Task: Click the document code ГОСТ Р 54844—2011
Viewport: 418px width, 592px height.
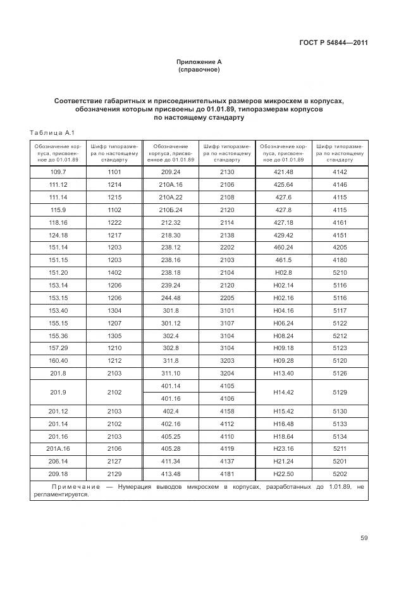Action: coord(334,43)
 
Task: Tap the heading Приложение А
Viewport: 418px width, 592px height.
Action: coord(199,61)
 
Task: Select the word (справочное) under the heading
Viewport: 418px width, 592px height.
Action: coord(199,70)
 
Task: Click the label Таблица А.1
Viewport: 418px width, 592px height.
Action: coord(52,132)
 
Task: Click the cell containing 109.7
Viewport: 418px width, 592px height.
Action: coord(58,172)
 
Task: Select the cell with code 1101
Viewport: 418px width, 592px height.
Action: coord(114,172)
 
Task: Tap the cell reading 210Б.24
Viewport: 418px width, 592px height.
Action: coord(170,209)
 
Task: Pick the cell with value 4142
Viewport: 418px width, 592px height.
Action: coord(340,172)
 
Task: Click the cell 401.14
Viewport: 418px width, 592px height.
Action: coord(170,386)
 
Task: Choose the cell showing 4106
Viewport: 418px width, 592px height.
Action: coord(226,398)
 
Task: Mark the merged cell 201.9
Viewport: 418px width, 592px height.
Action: coord(58,392)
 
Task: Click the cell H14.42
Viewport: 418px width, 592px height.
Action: coord(283,392)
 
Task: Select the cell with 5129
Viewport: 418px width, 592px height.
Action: coord(340,392)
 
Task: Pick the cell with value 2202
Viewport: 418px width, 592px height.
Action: coord(226,246)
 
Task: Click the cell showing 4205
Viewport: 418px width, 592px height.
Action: coord(340,246)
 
